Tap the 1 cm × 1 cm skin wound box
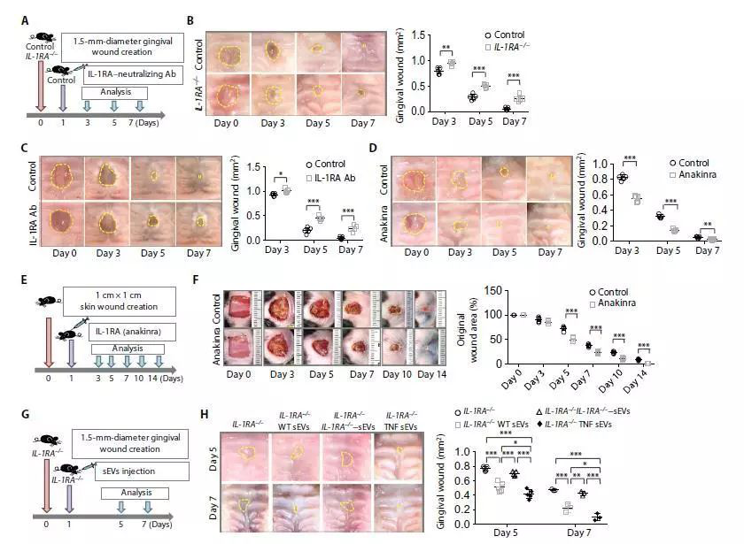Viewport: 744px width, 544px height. coord(120,303)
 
